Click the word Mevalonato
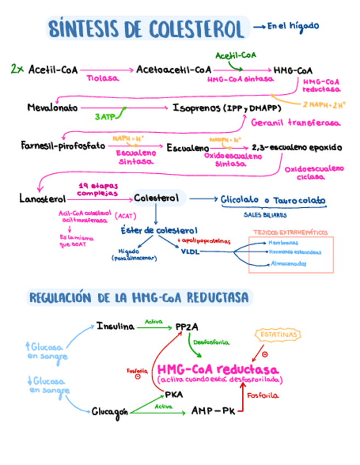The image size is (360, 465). pyautogui.click(x=53, y=107)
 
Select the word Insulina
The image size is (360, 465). pyautogui.click(x=115, y=326)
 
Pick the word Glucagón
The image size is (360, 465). pyautogui.click(x=110, y=411)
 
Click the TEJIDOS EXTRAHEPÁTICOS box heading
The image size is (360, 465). pyautogui.click(x=290, y=232)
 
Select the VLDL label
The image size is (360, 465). pyautogui.click(x=190, y=252)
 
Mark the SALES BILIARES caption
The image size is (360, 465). pyautogui.click(x=261, y=215)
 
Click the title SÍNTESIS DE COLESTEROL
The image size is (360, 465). pyautogui.click(x=146, y=29)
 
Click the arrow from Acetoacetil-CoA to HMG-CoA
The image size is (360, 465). pyautogui.click(x=241, y=70)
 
